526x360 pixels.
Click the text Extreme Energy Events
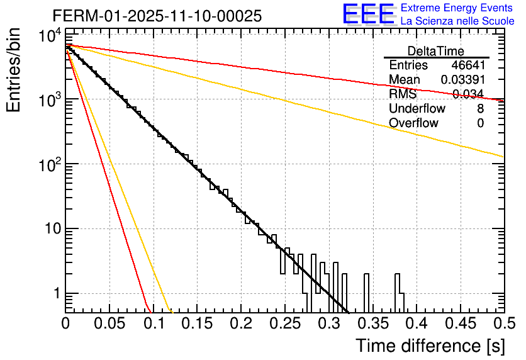pyautogui.click(x=457, y=8)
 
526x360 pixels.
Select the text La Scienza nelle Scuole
pyautogui.click(x=457, y=21)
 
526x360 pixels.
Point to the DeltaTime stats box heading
pyautogui.click(x=436, y=51)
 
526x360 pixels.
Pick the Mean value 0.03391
pyautogui.click(x=462, y=80)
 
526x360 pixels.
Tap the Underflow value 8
pyautogui.click(x=480, y=109)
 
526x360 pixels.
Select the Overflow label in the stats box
pyautogui.click(x=413, y=123)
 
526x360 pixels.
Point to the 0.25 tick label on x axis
pyautogui.click(x=284, y=323)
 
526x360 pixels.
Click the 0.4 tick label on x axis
pyautogui.click(x=416, y=323)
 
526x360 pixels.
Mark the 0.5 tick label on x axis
pyautogui.click(x=503, y=323)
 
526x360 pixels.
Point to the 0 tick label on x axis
pyautogui.click(x=65, y=323)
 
